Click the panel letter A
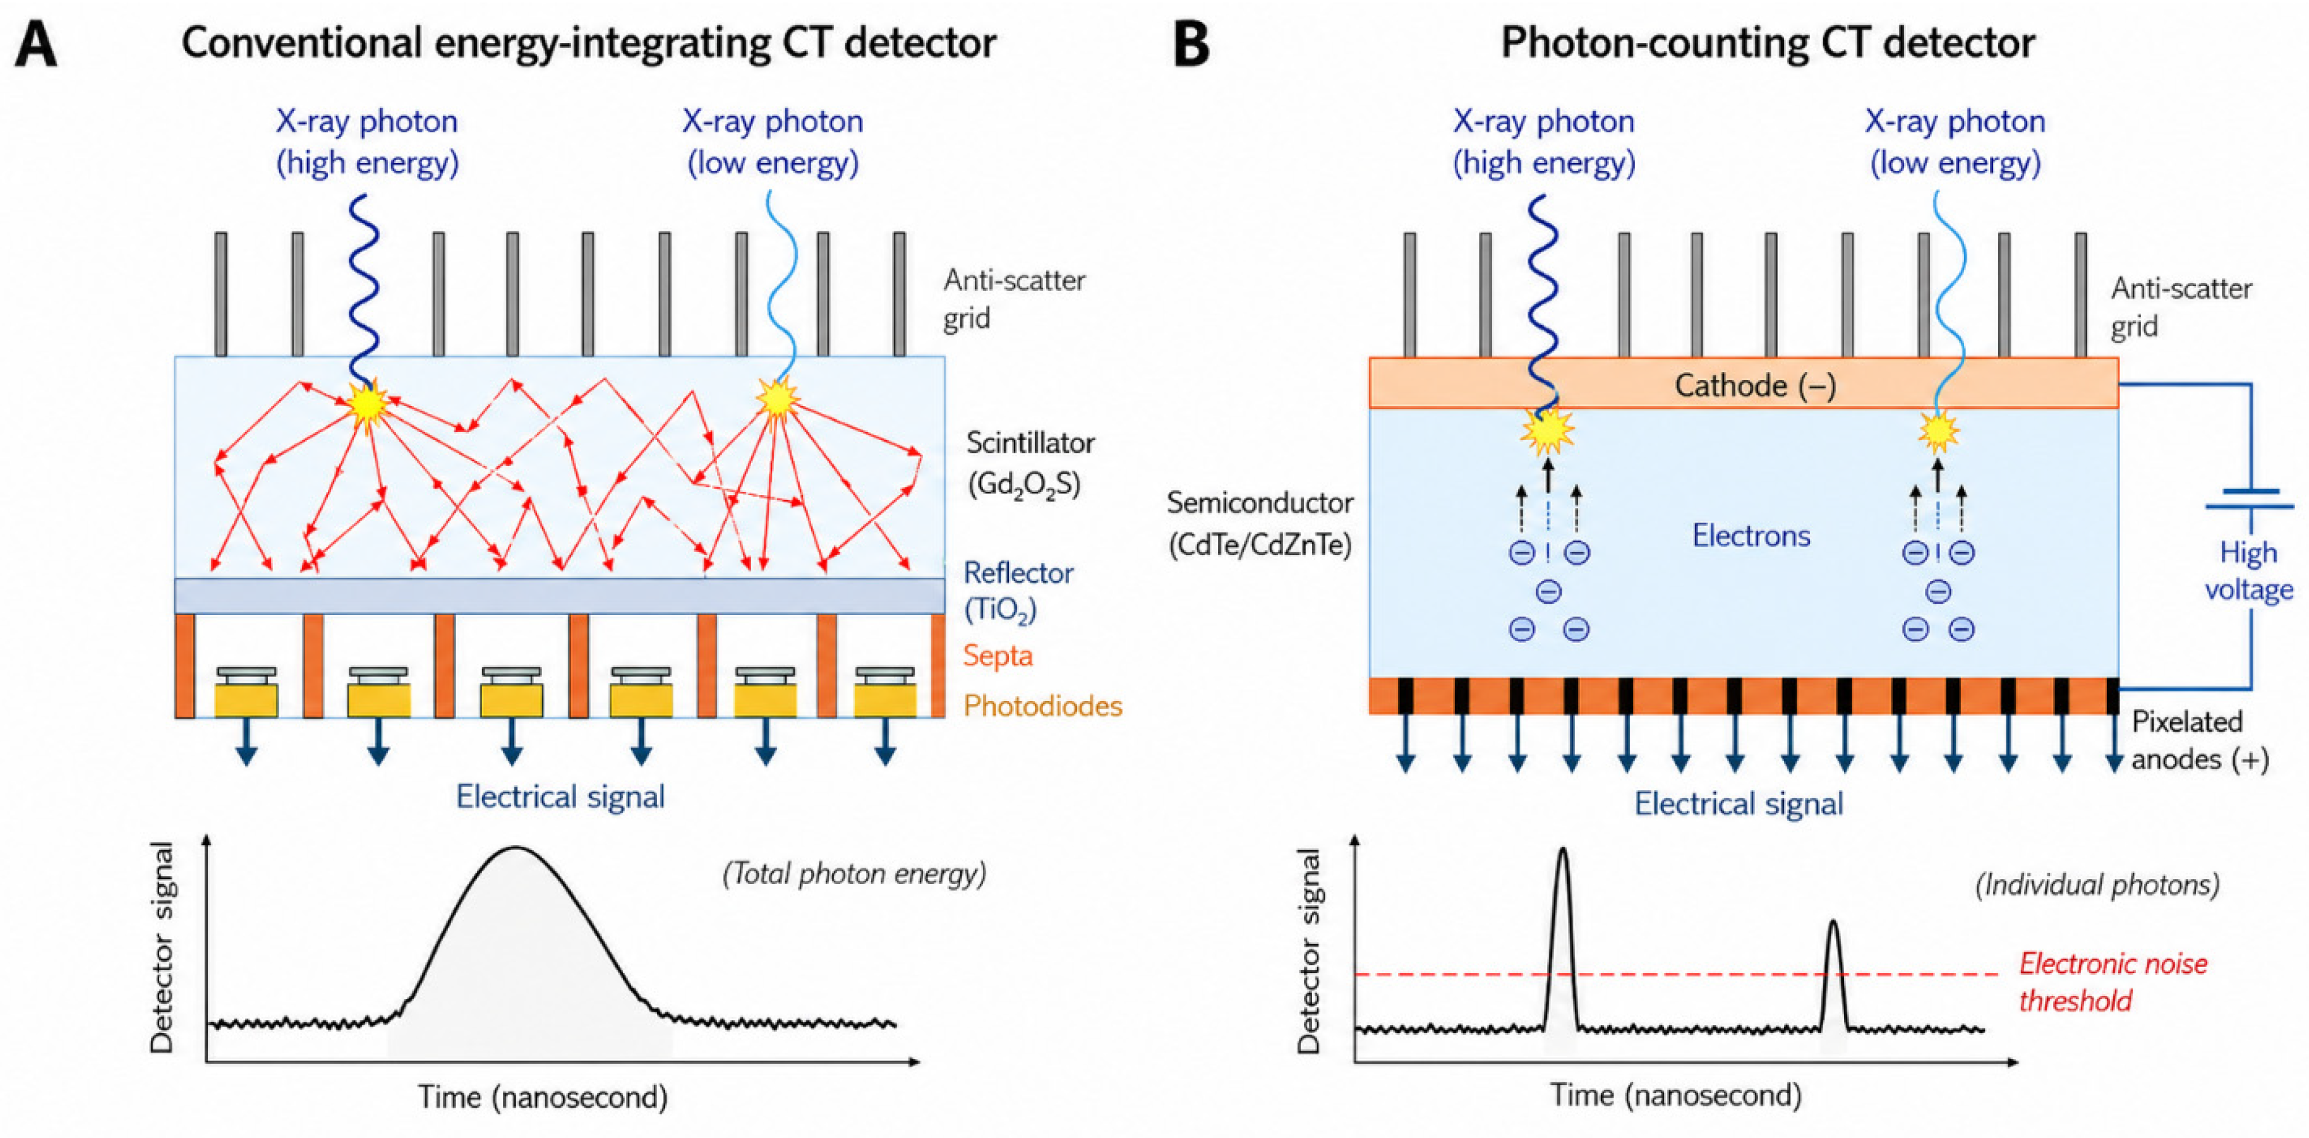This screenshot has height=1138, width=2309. [x=37, y=44]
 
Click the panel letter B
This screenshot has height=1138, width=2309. [x=1191, y=44]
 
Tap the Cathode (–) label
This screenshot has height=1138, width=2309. [x=1755, y=385]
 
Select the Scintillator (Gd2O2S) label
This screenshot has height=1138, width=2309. [x=1030, y=464]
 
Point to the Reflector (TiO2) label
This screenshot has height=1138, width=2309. [x=1017, y=591]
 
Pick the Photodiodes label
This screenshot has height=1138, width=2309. [x=1042, y=706]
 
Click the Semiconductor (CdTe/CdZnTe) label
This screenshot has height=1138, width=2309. [x=1260, y=524]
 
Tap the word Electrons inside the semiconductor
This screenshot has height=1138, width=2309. [x=1751, y=536]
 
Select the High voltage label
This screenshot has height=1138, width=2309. [x=2248, y=571]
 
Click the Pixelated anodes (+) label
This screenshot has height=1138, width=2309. [x=2200, y=740]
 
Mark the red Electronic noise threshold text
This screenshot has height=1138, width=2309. [x=2113, y=982]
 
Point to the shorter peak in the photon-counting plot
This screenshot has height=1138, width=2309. [x=1833, y=923]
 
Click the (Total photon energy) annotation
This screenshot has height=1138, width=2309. [x=854, y=873]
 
